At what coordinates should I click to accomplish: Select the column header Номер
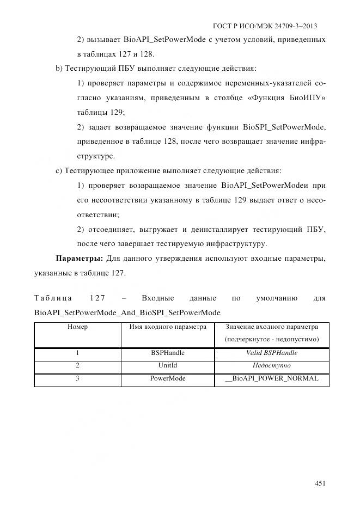(77, 327)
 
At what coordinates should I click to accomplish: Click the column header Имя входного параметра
(168, 327)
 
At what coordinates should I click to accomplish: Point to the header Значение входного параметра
(271, 327)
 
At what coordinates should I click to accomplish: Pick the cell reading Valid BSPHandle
(271, 353)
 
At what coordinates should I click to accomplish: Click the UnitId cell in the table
(168, 366)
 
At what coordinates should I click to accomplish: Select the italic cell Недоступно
(271, 366)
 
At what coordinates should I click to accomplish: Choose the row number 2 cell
(77, 366)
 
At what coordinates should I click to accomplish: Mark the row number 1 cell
(77, 353)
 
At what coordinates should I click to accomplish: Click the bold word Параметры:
(80, 259)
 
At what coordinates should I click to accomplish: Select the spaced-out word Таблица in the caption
(52, 298)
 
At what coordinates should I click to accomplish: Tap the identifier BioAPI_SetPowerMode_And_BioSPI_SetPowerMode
(127, 312)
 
